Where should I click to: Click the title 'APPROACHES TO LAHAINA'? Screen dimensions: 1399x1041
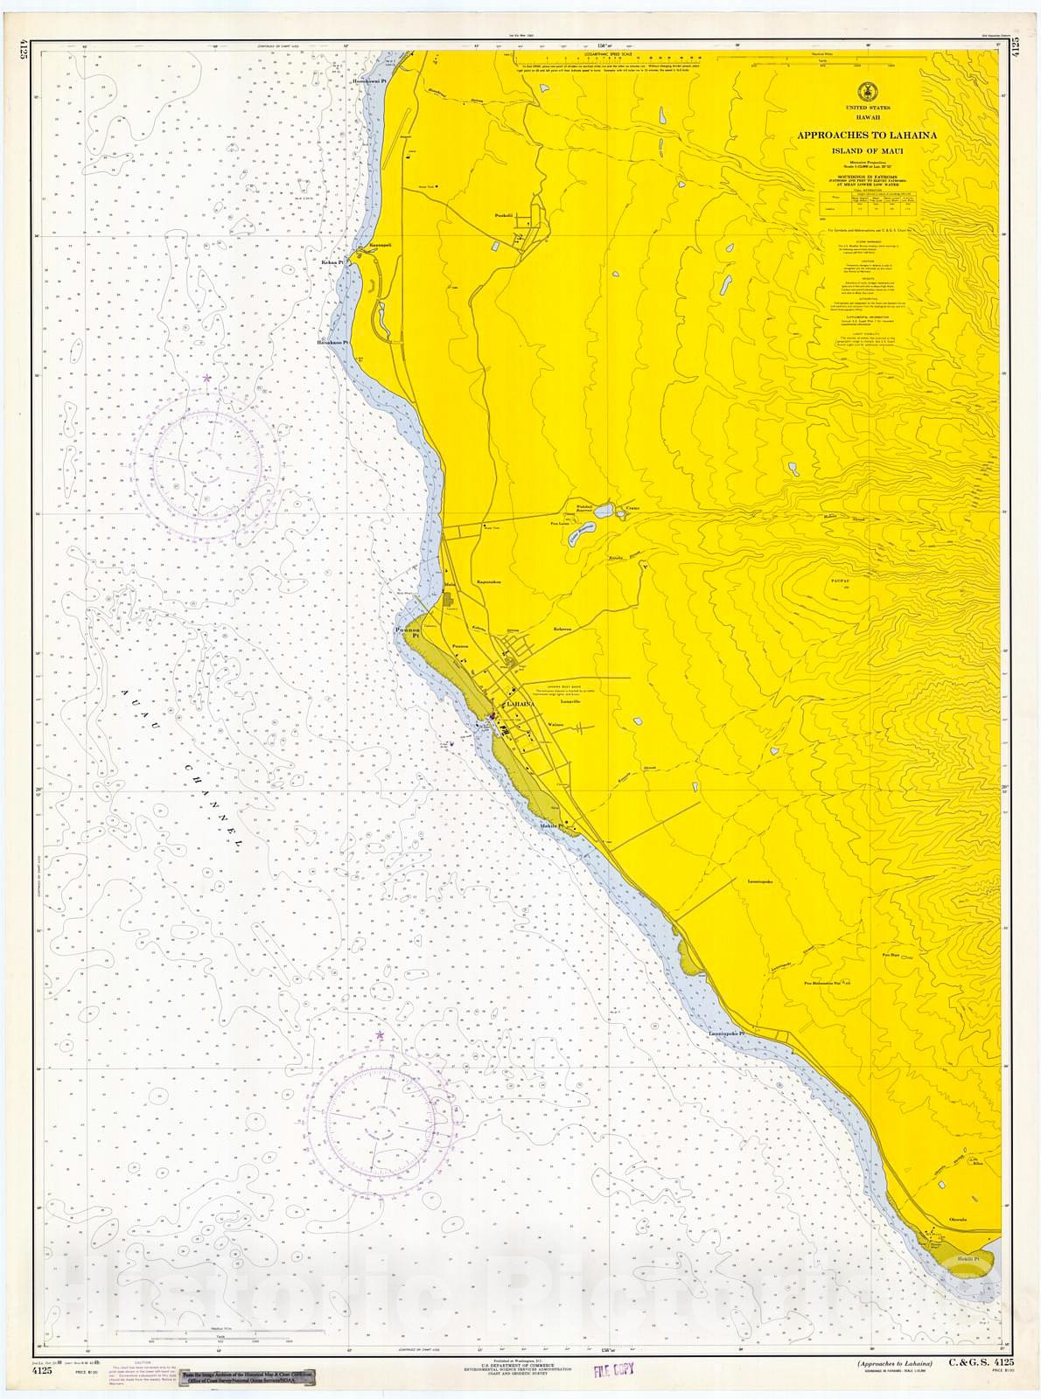(865, 136)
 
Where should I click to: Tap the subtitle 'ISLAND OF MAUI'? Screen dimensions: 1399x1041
(865, 150)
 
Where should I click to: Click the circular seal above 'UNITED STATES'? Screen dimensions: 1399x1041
(863, 90)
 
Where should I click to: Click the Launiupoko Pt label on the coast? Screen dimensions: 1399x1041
(725, 1034)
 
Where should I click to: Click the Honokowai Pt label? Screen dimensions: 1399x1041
(370, 80)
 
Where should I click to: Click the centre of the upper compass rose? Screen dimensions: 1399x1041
(208, 452)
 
